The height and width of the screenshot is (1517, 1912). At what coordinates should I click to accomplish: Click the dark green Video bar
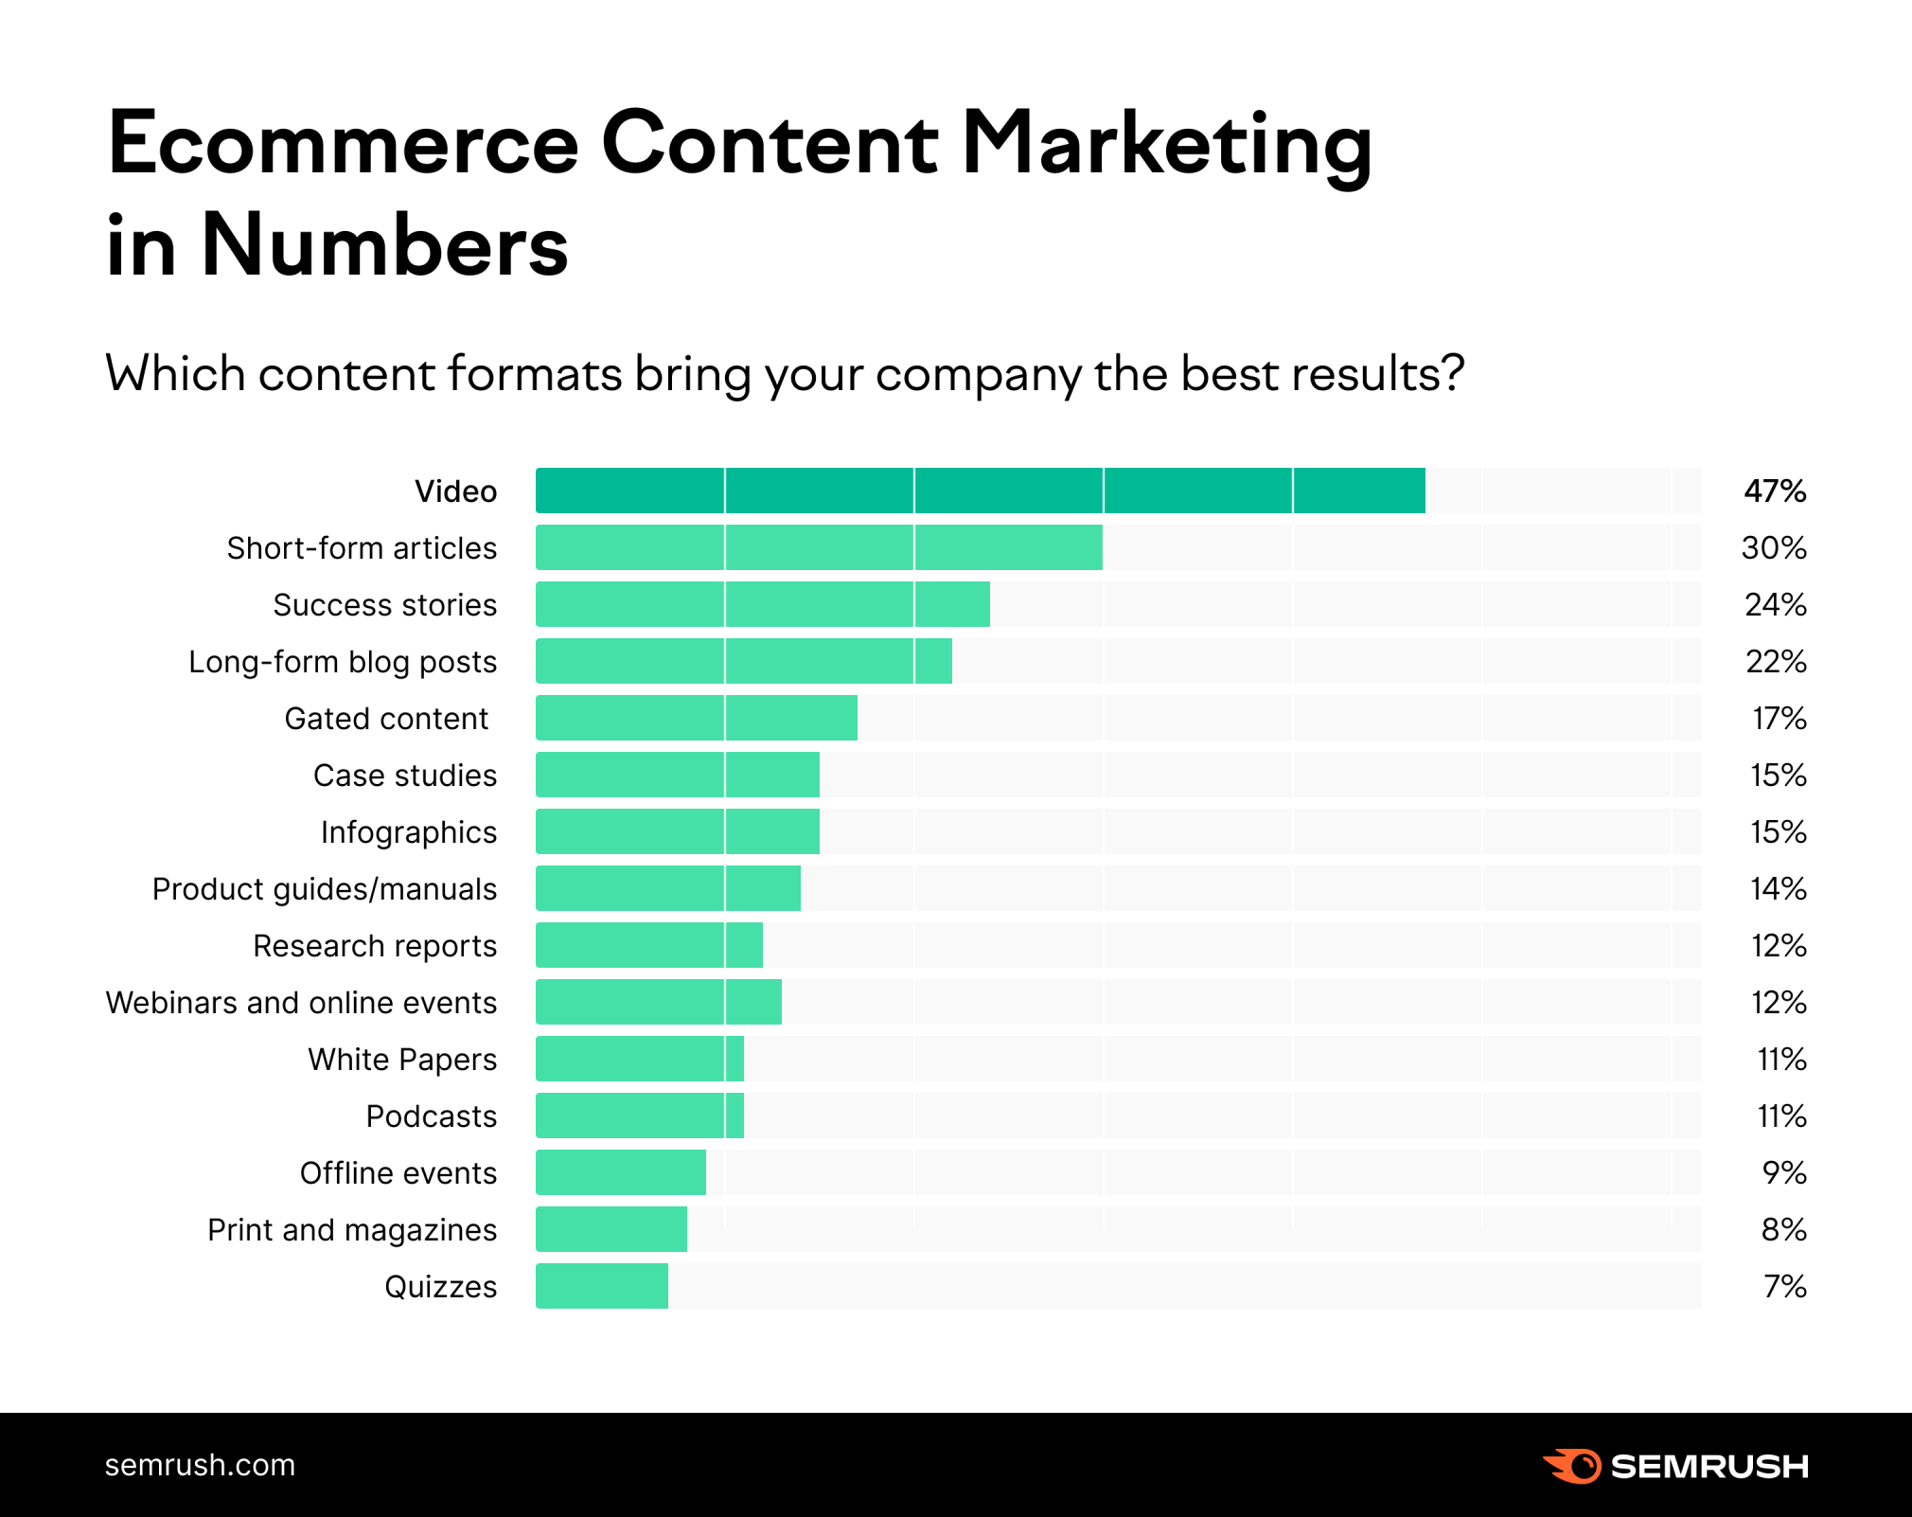pyautogui.click(x=980, y=491)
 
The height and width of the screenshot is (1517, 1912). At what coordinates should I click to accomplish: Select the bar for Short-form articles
pyautogui.click(x=819, y=547)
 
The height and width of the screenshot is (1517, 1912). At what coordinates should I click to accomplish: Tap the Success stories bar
pyautogui.click(x=762, y=604)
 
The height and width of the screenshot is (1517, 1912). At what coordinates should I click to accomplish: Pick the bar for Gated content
pyautogui.click(x=696, y=718)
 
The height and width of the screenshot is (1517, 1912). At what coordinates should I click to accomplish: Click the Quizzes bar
pyautogui.click(x=602, y=1286)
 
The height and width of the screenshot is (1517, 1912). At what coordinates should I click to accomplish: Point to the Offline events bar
pyautogui.click(x=621, y=1172)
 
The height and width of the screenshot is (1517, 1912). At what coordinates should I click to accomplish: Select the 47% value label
pyautogui.click(x=1775, y=491)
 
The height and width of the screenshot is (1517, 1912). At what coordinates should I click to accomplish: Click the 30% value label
pyautogui.click(x=1774, y=547)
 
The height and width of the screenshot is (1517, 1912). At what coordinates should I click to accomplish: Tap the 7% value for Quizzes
pyautogui.click(x=1785, y=1286)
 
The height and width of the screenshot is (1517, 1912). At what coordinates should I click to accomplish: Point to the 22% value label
pyautogui.click(x=1776, y=661)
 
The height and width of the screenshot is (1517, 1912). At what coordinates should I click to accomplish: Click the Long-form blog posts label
pyautogui.click(x=343, y=661)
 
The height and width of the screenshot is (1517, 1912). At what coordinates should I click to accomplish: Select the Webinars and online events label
pyautogui.click(x=301, y=1002)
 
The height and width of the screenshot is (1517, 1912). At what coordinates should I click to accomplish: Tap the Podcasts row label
pyautogui.click(x=431, y=1115)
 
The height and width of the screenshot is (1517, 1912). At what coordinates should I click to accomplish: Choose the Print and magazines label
pyautogui.click(x=352, y=1229)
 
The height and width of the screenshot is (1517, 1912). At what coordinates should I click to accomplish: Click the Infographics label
pyautogui.click(x=408, y=831)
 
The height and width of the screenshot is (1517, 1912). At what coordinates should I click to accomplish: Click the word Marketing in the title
pyautogui.click(x=1166, y=145)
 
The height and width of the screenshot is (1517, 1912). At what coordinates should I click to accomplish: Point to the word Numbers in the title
pyautogui.click(x=384, y=245)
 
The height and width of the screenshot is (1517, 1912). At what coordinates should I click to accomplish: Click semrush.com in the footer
pyautogui.click(x=200, y=1465)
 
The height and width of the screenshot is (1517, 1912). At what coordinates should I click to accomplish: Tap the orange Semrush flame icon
pyautogui.click(x=1572, y=1466)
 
